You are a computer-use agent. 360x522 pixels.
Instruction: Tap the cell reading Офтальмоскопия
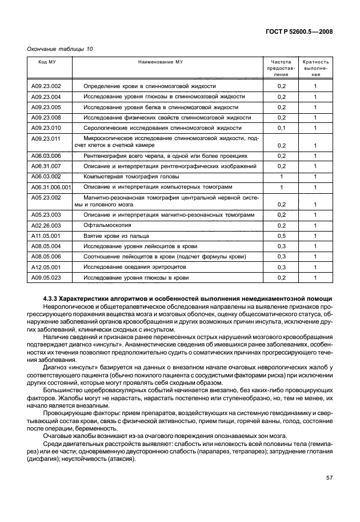click(106, 226)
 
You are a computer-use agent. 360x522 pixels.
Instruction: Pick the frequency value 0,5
click(281, 236)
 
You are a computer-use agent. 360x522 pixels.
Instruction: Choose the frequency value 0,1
click(281, 127)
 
